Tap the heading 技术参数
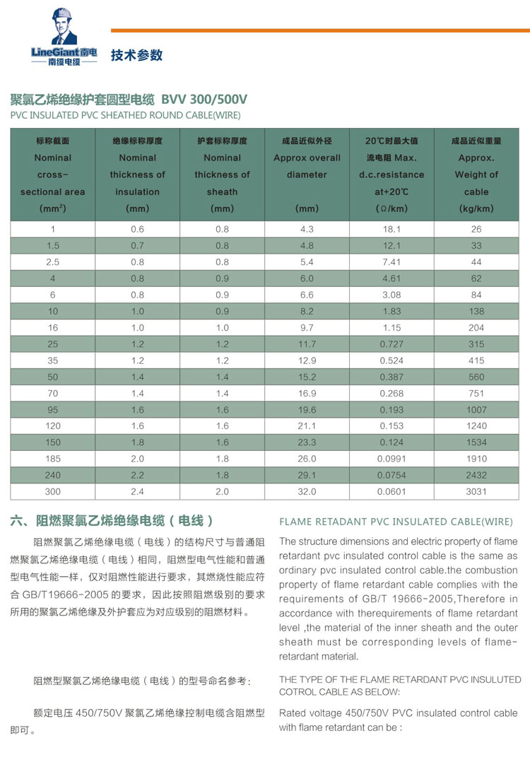tap(136, 55)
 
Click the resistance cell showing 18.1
tap(391, 229)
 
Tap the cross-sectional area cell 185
tap(53, 459)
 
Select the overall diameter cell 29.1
tap(307, 475)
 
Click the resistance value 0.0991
tap(391, 459)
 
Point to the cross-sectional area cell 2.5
tap(53, 262)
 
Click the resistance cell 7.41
tap(391, 262)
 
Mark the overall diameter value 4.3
tap(307, 229)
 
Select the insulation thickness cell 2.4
tap(138, 491)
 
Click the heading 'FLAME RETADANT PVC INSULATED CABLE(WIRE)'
tap(396, 522)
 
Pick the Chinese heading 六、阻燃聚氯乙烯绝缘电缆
tap(112, 522)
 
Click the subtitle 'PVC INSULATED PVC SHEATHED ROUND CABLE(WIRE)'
tap(126, 115)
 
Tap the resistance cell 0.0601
tap(391, 491)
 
